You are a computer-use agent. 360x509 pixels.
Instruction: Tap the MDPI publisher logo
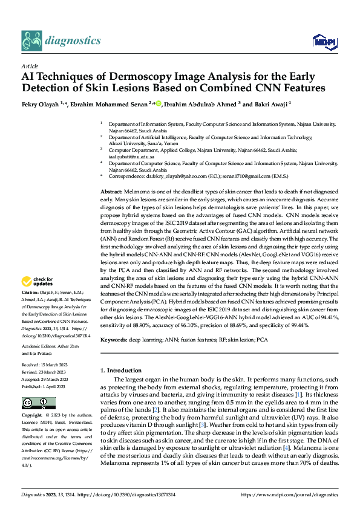323,41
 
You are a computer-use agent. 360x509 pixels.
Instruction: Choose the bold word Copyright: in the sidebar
33,416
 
